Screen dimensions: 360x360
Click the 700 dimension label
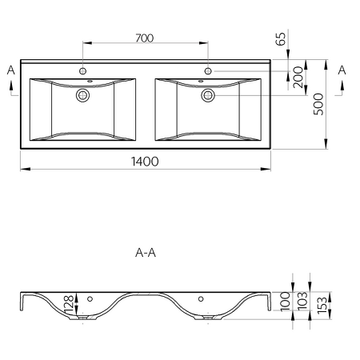point(145,38)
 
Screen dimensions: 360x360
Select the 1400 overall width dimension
point(145,162)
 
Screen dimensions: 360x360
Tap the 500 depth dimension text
point(318,104)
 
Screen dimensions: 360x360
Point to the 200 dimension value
point(298,78)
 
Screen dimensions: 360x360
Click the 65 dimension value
point(281,39)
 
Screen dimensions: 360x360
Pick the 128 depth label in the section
point(69,305)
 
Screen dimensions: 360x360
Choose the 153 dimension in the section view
point(322,305)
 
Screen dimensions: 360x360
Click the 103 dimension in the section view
point(302,301)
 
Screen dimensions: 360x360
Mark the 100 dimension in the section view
point(286,301)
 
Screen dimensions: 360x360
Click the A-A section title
point(146,253)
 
